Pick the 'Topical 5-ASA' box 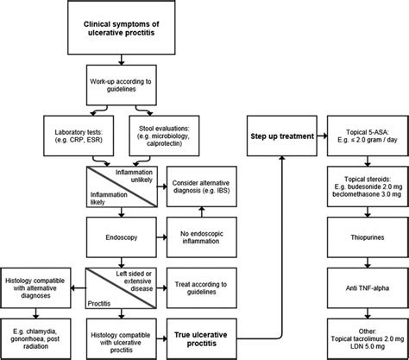[x=362, y=136]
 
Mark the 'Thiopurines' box [x=362, y=234]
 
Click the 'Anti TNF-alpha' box [x=362, y=284]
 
